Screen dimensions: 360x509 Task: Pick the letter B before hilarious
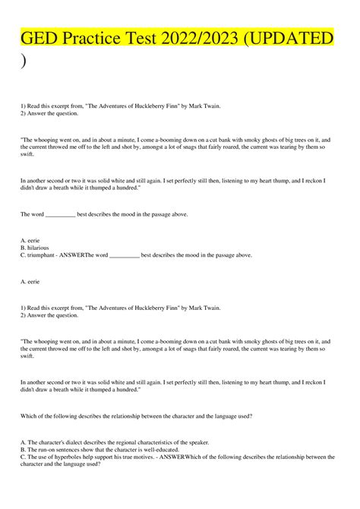coord(23,248)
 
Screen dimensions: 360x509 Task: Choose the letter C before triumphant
coord(23,255)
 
